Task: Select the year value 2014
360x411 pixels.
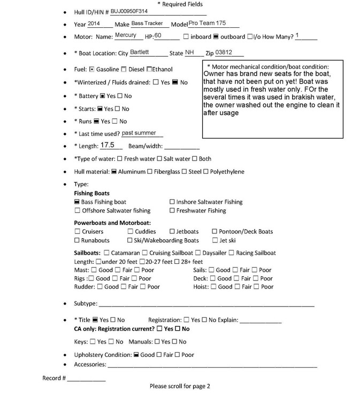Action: (94, 24)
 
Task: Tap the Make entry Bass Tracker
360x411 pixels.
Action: (150, 24)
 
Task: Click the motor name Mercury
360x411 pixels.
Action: (125, 35)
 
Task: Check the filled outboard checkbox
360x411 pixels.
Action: (216, 37)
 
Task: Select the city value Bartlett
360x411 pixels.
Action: (141, 52)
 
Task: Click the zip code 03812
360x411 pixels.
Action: (225, 52)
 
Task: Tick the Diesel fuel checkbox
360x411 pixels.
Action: (124, 69)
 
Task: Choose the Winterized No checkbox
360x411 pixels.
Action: (174, 82)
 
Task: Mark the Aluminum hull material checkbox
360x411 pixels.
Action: (114, 172)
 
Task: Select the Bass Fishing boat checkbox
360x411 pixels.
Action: (76, 202)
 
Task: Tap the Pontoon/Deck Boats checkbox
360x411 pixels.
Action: (215, 232)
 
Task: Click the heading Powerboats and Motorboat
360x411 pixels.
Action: (112, 223)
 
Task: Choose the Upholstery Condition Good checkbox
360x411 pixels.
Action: (136, 355)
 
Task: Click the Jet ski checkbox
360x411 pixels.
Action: (215, 241)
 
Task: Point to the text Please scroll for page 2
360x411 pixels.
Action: (180, 386)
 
